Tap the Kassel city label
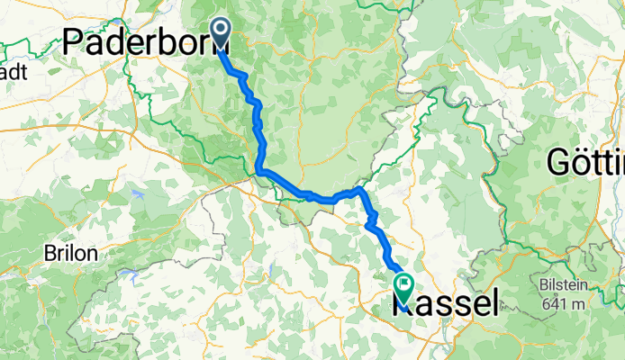click(446, 303)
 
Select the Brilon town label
click(70, 254)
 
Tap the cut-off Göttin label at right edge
click(586, 164)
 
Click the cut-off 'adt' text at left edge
click(15, 68)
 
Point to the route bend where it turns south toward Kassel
click(361, 191)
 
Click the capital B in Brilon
click(50, 254)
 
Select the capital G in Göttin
click(559, 164)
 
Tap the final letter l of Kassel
click(493, 303)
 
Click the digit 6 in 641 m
click(548, 303)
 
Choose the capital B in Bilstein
click(546, 284)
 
